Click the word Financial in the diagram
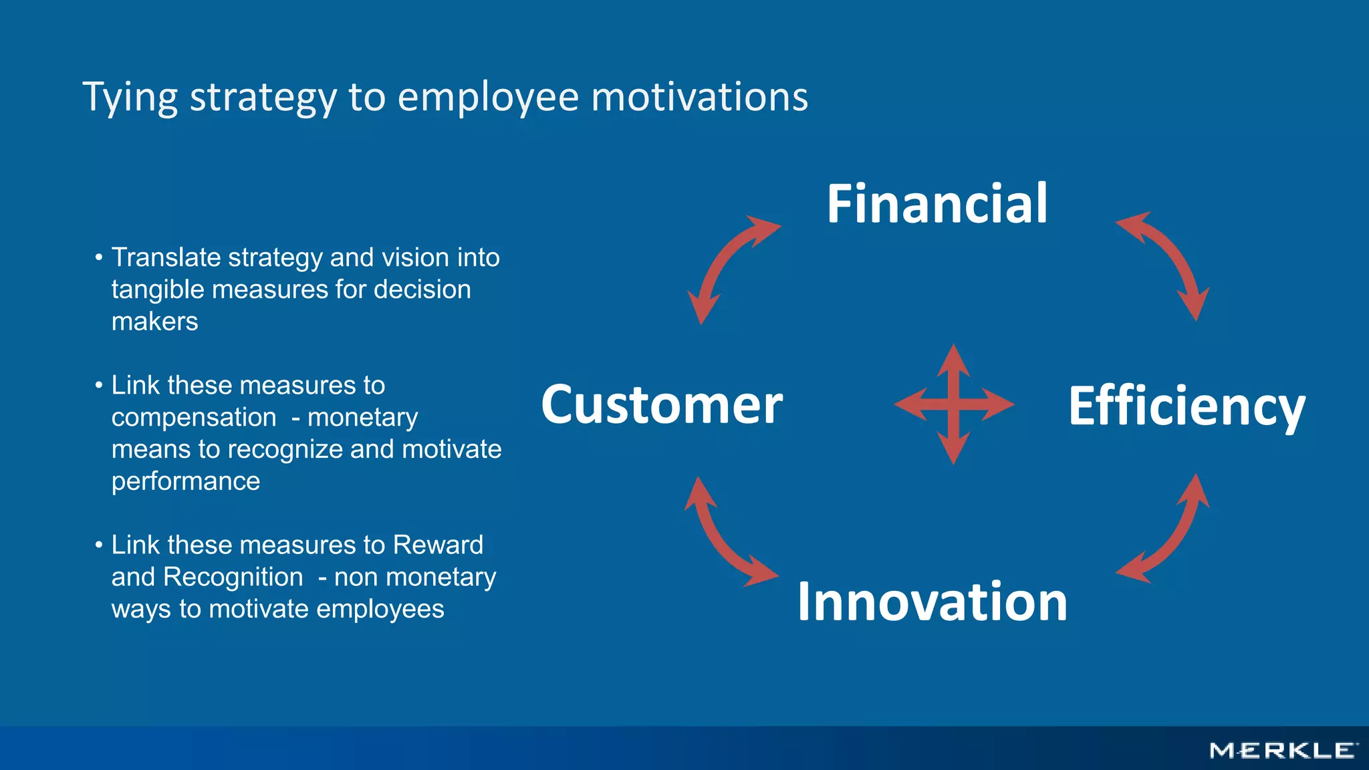pyautogui.click(x=937, y=203)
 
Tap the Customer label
pyautogui.click(x=661, y=404)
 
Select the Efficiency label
pyautogui.click(x=1187, y=406)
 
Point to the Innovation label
pyautogui.click(x=932, y=602)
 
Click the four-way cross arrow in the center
pyautogui.click(x=954, y=404)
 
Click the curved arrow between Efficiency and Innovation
pyautogui.click(x=1173, y=535)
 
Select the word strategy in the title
pyautogui.click(x=263, y=97)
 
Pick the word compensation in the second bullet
pyautogui.click(x=194, y=417)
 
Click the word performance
pyautogui.click(x=186, y=481)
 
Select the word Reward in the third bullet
pyautogui.click(x=438, y=545)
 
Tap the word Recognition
pyautogui.click(x=233, y=577)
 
